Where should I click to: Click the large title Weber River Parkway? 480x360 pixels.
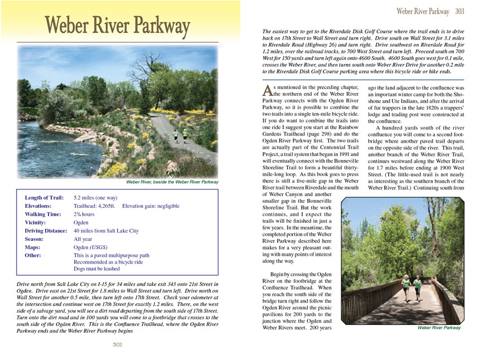pos(118,27)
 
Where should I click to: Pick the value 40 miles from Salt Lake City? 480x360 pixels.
pos(106,231)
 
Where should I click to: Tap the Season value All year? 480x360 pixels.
pos(83,239)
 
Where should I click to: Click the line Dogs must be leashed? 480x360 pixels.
pos(96,269)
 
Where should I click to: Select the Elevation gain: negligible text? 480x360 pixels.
pos(151,206)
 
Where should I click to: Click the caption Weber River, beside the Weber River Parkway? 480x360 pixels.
pos(172,182)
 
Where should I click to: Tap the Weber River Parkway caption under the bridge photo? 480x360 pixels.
pos(439,328)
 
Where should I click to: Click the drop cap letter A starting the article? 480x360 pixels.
pos(267,90)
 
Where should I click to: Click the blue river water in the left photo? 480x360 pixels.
pos(50,150)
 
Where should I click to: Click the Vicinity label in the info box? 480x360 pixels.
pos(38,222)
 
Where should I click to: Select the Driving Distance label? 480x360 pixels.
pos(46,231)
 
